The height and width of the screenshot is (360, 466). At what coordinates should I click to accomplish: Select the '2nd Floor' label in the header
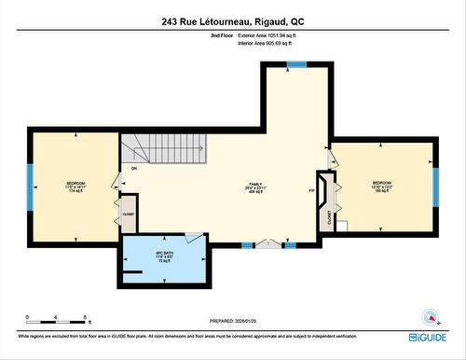coord(220,35)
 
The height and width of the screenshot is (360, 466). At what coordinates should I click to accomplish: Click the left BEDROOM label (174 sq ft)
coord(75,186)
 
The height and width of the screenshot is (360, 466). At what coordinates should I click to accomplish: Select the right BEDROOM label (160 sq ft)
coord(383,186)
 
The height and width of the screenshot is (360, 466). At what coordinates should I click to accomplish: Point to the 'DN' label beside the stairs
coord(134,169)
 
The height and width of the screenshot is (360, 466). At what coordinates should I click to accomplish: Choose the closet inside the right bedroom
coord(329,215)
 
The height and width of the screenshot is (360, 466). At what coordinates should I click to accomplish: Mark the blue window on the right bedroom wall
coord(434,184)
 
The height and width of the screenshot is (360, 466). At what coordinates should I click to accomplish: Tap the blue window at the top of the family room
coord(296,64)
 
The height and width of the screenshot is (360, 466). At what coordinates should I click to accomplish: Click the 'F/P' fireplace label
coord(311,191)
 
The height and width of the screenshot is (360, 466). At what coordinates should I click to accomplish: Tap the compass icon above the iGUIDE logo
coord(430,315)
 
